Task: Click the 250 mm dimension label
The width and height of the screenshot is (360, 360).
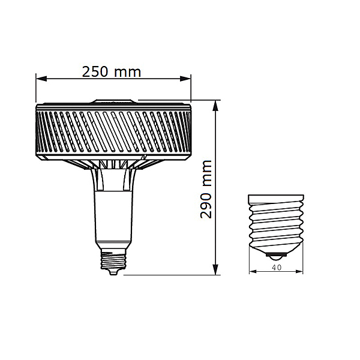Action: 112,71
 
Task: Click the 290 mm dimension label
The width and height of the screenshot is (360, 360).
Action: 206,189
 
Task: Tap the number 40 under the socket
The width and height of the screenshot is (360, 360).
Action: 276,268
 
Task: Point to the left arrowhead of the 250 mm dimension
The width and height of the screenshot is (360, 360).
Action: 41,79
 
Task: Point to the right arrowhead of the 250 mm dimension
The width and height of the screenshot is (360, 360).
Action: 185,79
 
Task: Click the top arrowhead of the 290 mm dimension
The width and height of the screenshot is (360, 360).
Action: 215,106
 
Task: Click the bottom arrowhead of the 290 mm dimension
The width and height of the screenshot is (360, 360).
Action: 215,269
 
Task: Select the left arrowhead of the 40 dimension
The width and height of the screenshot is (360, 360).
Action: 253,272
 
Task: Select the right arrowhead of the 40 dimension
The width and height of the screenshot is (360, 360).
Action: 299,272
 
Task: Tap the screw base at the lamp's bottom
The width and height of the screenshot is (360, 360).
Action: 114,260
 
